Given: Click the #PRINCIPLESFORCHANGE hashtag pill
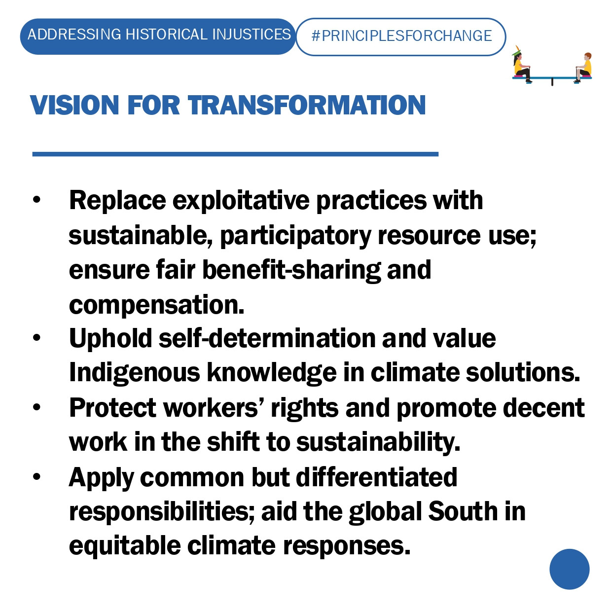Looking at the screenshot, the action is coord(400,37).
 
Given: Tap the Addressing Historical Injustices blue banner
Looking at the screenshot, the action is coord(158,36).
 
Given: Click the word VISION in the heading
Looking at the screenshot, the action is coord(74,105).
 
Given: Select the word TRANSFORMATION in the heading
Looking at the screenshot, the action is coord(307,105).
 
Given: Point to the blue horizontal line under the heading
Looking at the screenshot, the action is coord(235,154).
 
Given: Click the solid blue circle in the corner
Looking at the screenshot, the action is coord(570,570).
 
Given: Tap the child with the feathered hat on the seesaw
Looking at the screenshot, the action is coord(521,65).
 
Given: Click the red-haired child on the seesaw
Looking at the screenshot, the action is coord(584,68).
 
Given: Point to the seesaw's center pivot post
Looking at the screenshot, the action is coord(552,82).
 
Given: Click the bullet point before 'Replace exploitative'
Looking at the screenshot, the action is coord(37,200).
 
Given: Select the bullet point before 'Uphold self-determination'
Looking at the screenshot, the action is coord(37,338).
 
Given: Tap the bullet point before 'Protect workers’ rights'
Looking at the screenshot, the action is coord(37,407).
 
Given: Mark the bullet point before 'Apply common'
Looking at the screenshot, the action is coord(37,476).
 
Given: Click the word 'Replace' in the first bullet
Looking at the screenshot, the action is coord(117,200).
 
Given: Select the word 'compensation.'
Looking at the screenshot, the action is coord(156,305).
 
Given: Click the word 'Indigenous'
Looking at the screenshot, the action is coord(134,373).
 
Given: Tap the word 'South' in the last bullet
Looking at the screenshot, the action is coord(463,511).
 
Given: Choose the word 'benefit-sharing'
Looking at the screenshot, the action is coord(291,270).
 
